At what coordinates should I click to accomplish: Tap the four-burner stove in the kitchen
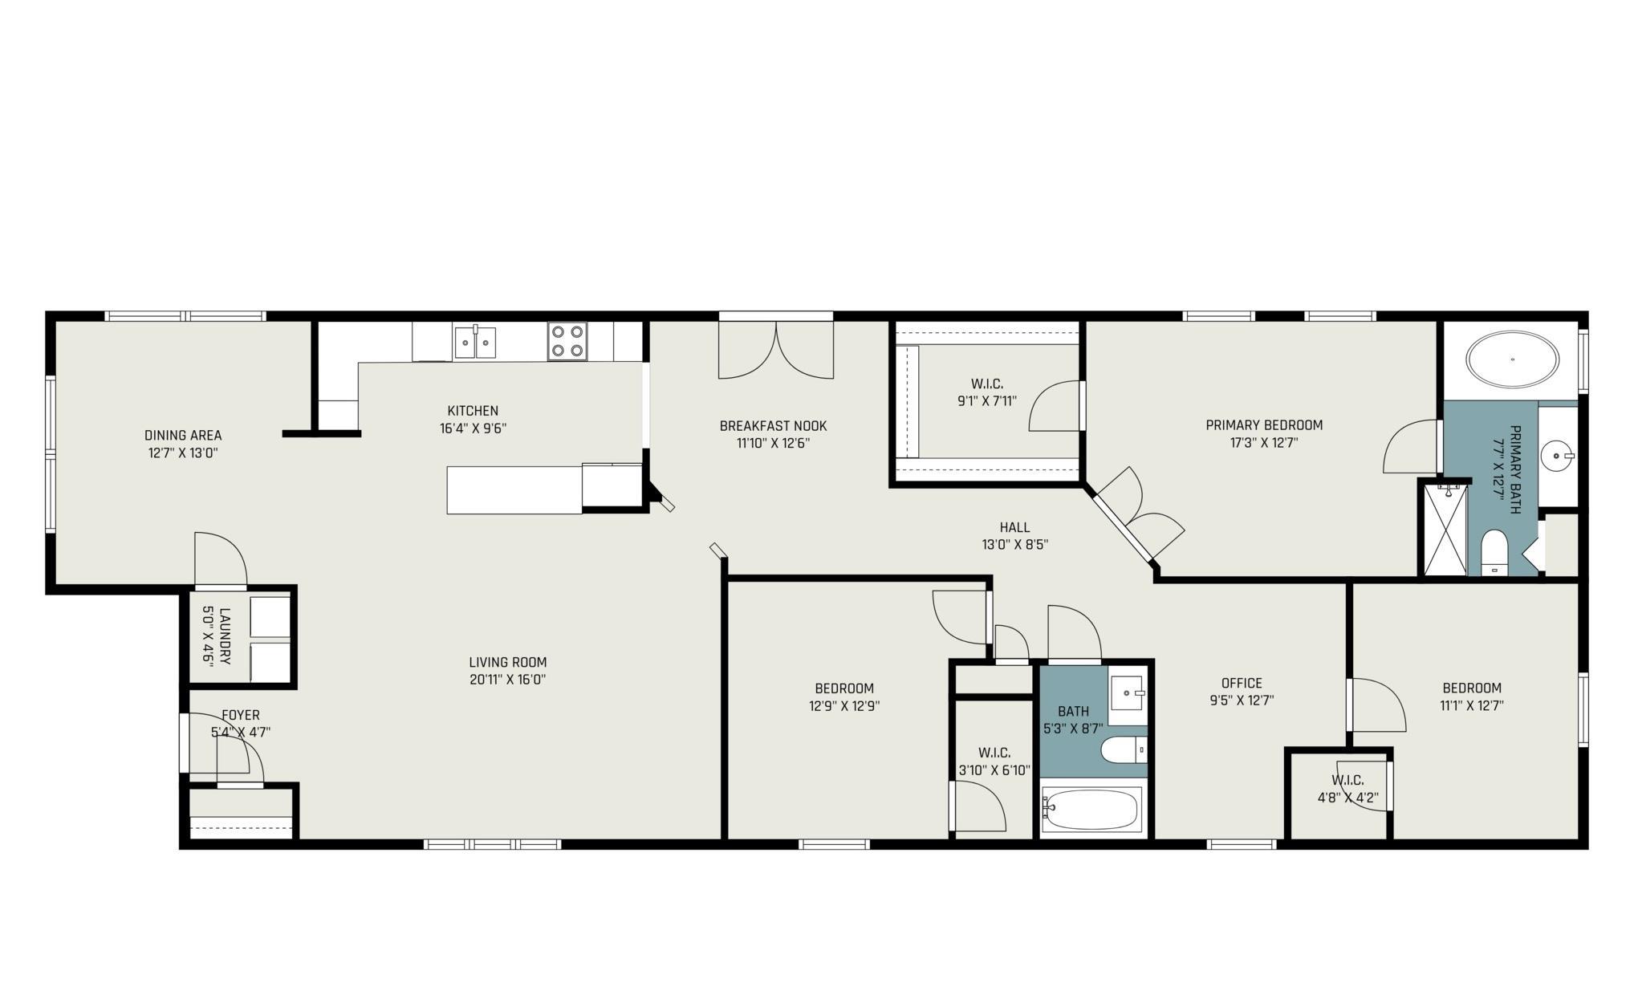[x=567, y=341]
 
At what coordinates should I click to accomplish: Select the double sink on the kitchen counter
[x=475, y=342]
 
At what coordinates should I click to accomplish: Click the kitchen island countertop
[x=514, y=489]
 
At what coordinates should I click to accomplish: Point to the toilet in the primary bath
[x=1494, y=553]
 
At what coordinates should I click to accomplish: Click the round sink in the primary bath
[x=1558, y=457]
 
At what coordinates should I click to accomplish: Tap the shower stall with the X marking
[x=1444, y=529]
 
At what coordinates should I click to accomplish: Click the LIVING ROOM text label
[x=508, y=663]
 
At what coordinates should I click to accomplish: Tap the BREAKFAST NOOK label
[x=773, y=426]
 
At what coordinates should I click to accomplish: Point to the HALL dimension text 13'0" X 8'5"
[x=1015, y=545]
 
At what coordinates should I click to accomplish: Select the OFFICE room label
[x=1242, y=684]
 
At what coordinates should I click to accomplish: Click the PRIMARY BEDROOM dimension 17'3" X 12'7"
[x=1264, y=442]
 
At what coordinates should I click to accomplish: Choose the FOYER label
[x=241, y=715]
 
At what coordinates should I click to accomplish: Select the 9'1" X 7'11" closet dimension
[x=987, y=401]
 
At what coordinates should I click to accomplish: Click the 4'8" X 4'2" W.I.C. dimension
[x=1347, y=798]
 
